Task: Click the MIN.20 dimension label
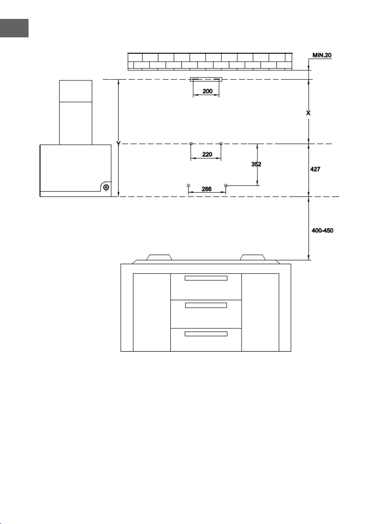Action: pos(322,55)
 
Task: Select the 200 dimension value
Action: pos(207,91)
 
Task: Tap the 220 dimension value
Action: pos(207,154)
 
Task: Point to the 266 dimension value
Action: pos(206,189)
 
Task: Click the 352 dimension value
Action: pos(256,164)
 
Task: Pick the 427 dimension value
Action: pos(315,169)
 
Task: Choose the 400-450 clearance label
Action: pos(322,230)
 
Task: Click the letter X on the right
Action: pos(308,113)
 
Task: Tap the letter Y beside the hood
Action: pos(118,143)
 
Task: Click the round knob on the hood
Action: pos(106,187)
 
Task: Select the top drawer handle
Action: pos(206,278)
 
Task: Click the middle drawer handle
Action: pos(206,305)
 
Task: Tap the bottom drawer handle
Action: pos(206,334)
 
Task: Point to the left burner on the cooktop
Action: pos(159,257)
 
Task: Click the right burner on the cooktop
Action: pos(253,257)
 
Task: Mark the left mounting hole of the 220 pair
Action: pos(191,144)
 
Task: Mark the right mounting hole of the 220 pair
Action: pos(221,144)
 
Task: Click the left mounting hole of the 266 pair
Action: pos(188,185)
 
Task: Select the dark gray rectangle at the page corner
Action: pos(14,28)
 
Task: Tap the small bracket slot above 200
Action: pos(206,80)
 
